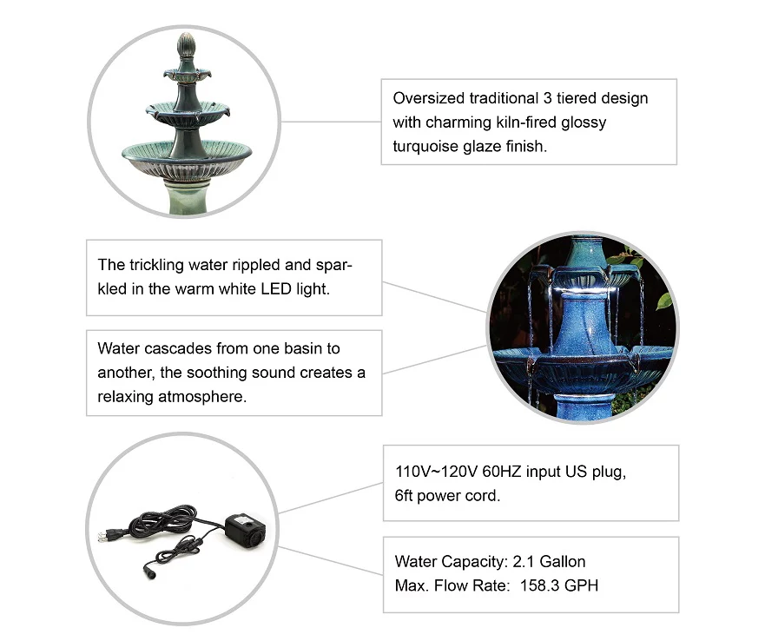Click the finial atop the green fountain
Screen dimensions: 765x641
(187, 45)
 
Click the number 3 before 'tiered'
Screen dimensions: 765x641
(547, 98)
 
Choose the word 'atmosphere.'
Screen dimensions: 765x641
(202, 396)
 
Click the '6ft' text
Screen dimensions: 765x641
(404, 496)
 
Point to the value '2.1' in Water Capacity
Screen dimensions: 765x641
(524, 561)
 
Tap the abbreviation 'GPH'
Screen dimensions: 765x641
(582, 585)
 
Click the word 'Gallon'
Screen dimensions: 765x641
(563, 561)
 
